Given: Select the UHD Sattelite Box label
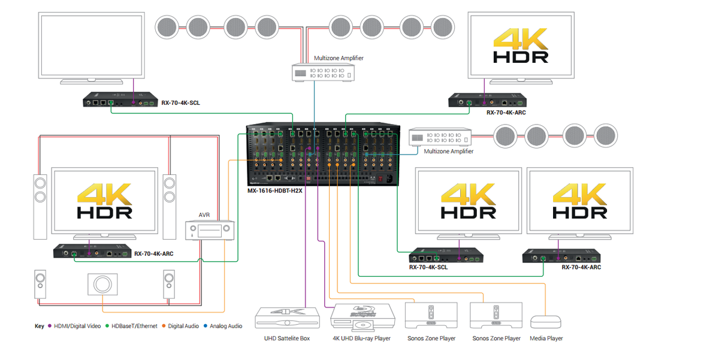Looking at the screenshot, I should coord(287,338).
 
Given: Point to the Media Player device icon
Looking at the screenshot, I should coord(546,321).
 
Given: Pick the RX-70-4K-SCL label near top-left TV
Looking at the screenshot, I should coord(180,103).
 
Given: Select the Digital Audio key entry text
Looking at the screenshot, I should coord(183,326).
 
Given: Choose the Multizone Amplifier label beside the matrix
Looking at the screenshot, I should coord(448,152).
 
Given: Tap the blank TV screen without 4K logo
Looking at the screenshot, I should coord(91,46).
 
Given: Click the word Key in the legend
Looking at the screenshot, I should coord(40,326).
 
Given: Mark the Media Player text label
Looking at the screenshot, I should coord(546,338).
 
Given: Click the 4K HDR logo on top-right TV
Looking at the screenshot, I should coord(520,46).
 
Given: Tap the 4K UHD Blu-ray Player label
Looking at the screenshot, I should coord(361,338).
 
